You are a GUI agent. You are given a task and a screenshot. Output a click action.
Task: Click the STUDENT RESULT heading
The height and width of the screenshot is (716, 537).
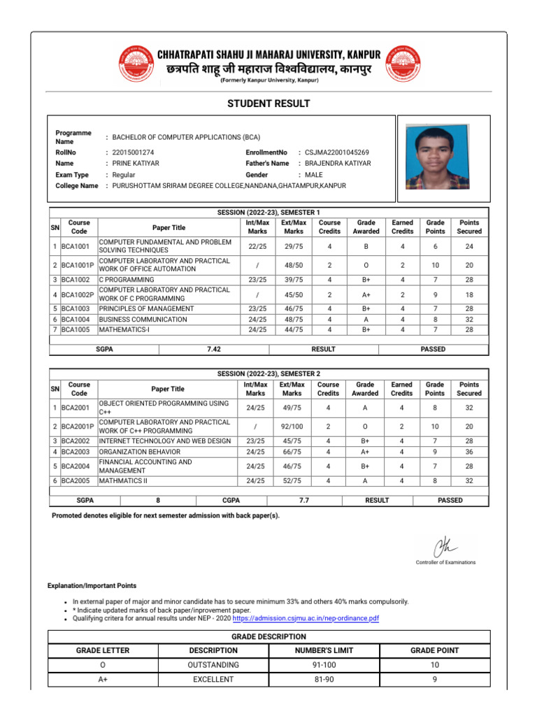pos(268,103)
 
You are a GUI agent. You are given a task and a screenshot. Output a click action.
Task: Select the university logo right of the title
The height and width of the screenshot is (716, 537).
pos(402,63)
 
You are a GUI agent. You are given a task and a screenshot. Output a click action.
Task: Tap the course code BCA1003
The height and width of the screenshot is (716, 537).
pos(76,308)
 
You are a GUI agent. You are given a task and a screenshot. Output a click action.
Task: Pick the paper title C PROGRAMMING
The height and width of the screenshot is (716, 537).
pos(126,280)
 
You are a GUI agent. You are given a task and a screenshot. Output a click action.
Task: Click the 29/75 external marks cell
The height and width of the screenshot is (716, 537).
pos(294,246)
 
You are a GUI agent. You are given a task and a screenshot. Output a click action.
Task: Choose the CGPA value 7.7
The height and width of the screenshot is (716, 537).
pos(304,500)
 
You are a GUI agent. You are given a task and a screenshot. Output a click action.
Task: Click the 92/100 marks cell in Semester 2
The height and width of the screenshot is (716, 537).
pos(292,427)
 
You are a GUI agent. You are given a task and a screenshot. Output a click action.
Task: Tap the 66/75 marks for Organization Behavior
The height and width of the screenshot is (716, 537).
pos(292,451)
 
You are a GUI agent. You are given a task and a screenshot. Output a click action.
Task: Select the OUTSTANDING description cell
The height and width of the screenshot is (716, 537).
pos(213,665)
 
